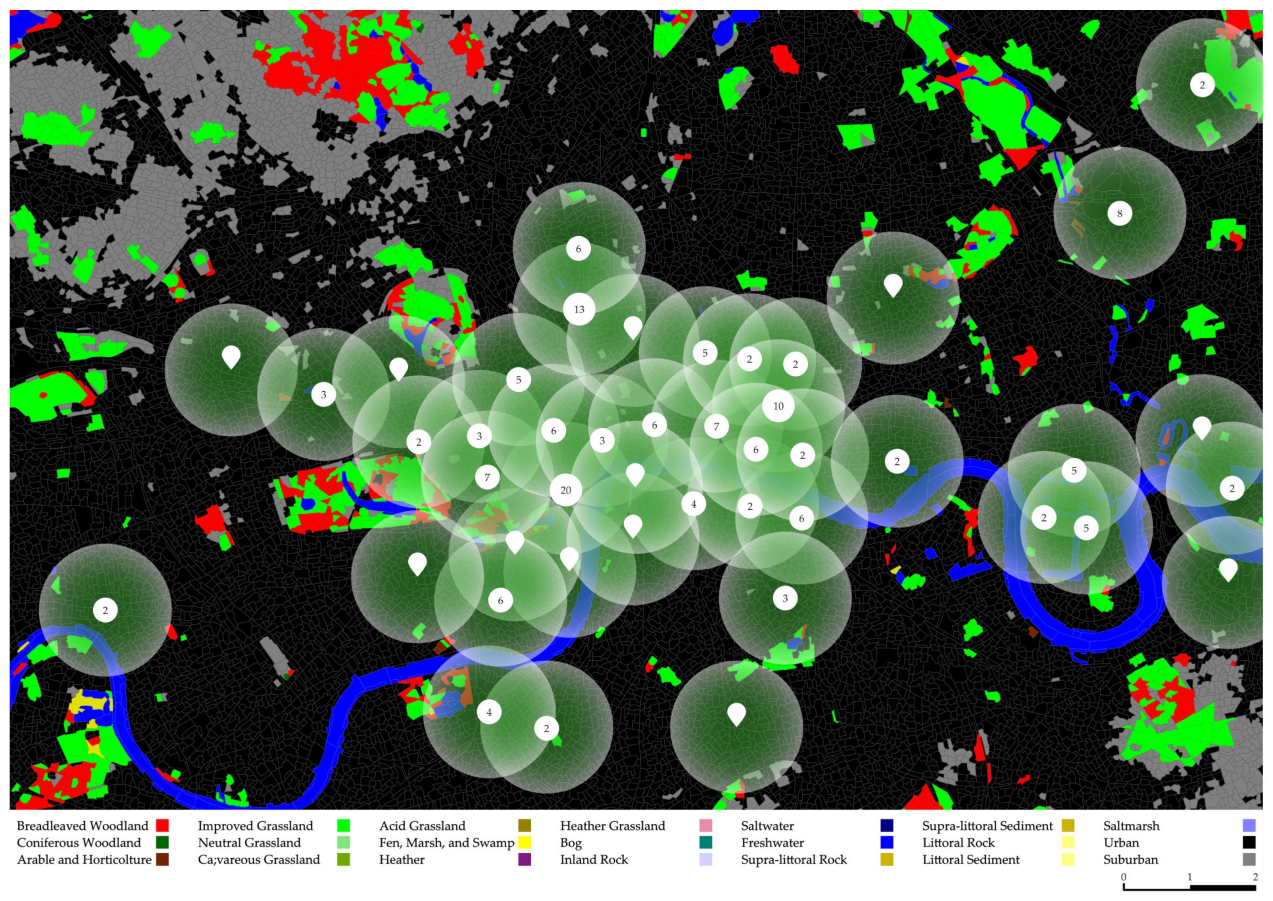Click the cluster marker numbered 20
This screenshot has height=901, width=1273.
(565, 490)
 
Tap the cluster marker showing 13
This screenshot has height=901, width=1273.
(579, 309)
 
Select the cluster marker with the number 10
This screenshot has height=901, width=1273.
(778, 406)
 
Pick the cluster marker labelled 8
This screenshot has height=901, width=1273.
(1119, 214)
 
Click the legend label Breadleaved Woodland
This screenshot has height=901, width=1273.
(83, 826)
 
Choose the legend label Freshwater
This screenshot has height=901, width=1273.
(772, 843)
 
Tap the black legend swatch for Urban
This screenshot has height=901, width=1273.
(1249, 843)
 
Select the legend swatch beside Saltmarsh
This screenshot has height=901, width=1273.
(1249, 826)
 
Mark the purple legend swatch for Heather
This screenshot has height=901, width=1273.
(525, 859)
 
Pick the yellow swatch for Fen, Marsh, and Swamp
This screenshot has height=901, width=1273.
(525, 843)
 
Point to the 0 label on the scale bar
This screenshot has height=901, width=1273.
(1124, 878)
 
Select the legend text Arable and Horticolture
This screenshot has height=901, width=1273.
(84, 859)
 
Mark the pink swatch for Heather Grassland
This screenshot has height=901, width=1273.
(706, 826)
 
